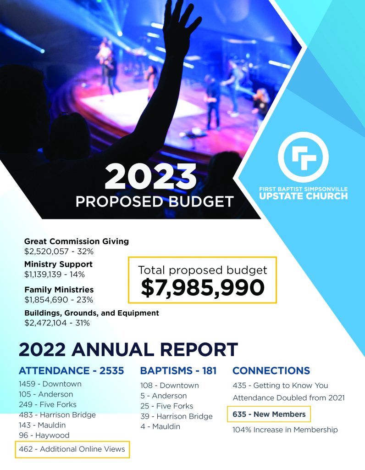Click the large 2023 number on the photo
(x=150, y=177)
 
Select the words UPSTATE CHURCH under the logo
(x=303, y=196)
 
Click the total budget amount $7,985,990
(x=203, y=287)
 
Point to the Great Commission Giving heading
(x=77, y=241)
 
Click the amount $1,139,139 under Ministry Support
(x=43, y=274)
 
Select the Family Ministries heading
(x=59, y=290)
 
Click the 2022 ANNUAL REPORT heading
(x=128, y=349)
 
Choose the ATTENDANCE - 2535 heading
(x=71, y=371)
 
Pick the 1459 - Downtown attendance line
(x=50, y=384)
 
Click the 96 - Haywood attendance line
(x=44, y=435)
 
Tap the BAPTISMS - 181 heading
(x=178, y=371)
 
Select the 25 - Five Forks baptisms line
(x=167, y=406)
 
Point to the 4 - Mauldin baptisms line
(x=160, y=426)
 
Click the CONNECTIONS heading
(x=271, y=370)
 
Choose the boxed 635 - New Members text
(x=269, y=414)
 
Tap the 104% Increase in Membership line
(x=285, y=430)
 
